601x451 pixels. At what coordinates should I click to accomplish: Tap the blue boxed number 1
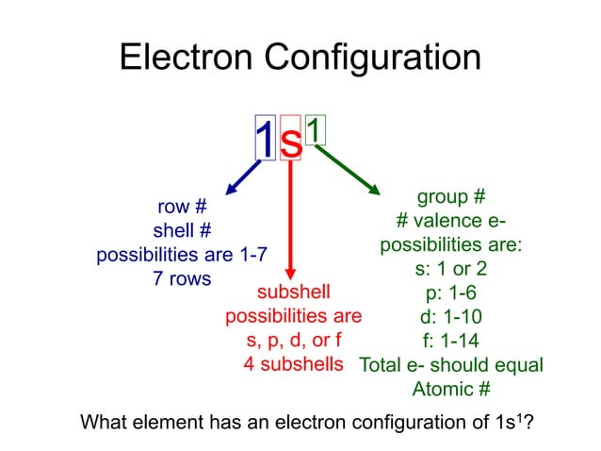[x=266, y=140]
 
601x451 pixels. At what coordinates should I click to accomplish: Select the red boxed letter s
[x=291, y=142]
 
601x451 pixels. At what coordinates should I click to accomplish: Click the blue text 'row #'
[x=181, y=206]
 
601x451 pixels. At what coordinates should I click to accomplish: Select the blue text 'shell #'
[x=181, y=230]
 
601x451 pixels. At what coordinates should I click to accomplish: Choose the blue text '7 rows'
[x=181, y=279]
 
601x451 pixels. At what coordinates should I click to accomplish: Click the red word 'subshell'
[x=293, y=291]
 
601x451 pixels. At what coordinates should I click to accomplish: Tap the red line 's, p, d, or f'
[x=293, y=340]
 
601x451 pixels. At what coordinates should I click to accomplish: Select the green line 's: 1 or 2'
[x=450, y=268]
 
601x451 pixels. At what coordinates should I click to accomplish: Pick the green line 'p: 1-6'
[x=451, y=292]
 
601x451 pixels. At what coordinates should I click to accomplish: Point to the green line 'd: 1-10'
[x=451, y=316]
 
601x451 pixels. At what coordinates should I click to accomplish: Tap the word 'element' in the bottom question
[x=167, y=421]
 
